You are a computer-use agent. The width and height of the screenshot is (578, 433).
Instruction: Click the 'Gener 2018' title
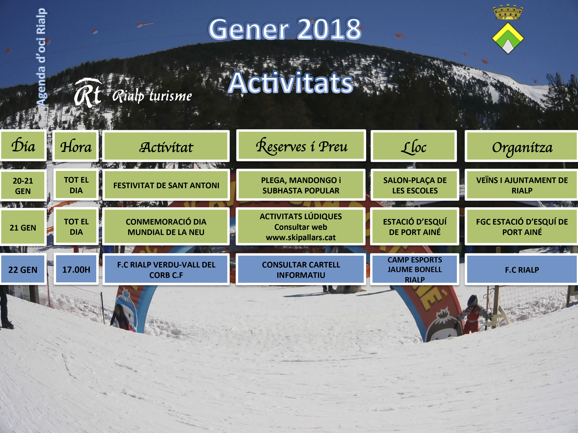(285, 29)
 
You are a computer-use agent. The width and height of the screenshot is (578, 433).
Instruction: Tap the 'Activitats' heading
(291, 83)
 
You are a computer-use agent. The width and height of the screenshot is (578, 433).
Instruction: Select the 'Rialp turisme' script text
(152, 96)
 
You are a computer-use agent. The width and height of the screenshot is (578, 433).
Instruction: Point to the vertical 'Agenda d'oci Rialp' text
(41, 57)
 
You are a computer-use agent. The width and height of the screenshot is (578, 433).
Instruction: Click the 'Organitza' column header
(522, 146)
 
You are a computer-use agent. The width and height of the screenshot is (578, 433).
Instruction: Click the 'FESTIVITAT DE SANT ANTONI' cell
(166, 185)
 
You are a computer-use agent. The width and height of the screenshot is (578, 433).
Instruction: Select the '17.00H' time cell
(76, 269)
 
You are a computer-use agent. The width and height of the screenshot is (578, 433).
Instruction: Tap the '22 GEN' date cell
(23, 269)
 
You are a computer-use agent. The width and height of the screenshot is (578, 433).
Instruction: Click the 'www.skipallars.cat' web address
(301, 237)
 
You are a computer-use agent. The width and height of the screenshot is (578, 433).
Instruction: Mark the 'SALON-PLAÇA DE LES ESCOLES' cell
(415, 185)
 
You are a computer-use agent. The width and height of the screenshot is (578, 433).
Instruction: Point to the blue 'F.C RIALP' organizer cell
(522, 269)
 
